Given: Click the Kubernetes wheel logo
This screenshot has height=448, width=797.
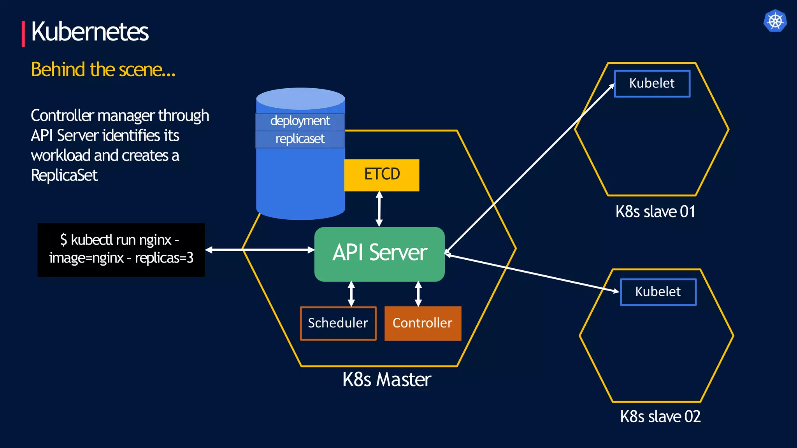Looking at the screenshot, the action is [x=775, y=21].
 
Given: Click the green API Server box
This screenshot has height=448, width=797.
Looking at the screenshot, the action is [x=379, y=254].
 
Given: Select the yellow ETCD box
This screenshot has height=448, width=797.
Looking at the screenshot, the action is [x=382, y=175].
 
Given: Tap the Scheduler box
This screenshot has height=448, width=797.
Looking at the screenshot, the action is [x=338, y=324].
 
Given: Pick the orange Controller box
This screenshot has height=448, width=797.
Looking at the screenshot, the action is [x=423, y=324].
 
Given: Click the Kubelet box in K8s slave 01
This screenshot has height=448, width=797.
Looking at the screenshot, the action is [x=652, y=84].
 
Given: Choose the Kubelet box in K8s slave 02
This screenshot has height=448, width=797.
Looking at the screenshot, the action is [x=658, y=292].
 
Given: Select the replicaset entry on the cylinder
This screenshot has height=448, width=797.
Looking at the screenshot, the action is [x=300, y=139].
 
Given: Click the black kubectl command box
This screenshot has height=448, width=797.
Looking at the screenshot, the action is [x=121, y=250].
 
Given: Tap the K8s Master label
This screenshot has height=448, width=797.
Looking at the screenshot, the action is [x=387, y=380].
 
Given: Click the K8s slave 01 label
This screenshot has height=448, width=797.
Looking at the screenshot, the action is [x=655, y=212].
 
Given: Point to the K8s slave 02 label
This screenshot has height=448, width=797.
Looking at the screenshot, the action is [x=660, y=417].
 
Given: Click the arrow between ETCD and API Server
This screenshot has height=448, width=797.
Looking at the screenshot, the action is [x=379, y=209].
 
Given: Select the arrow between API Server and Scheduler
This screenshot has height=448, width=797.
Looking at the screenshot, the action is [x=351, y=294].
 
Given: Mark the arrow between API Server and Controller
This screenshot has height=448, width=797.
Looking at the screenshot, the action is [x=418, y=294].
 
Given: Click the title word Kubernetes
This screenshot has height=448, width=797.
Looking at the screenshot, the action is [x=90, y=31].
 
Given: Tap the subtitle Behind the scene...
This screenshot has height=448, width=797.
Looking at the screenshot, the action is [x=103, y=70].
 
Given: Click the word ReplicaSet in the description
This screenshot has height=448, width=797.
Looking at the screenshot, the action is [x=64, y=175].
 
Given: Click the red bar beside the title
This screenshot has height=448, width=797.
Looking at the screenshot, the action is [x=23, y=34].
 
